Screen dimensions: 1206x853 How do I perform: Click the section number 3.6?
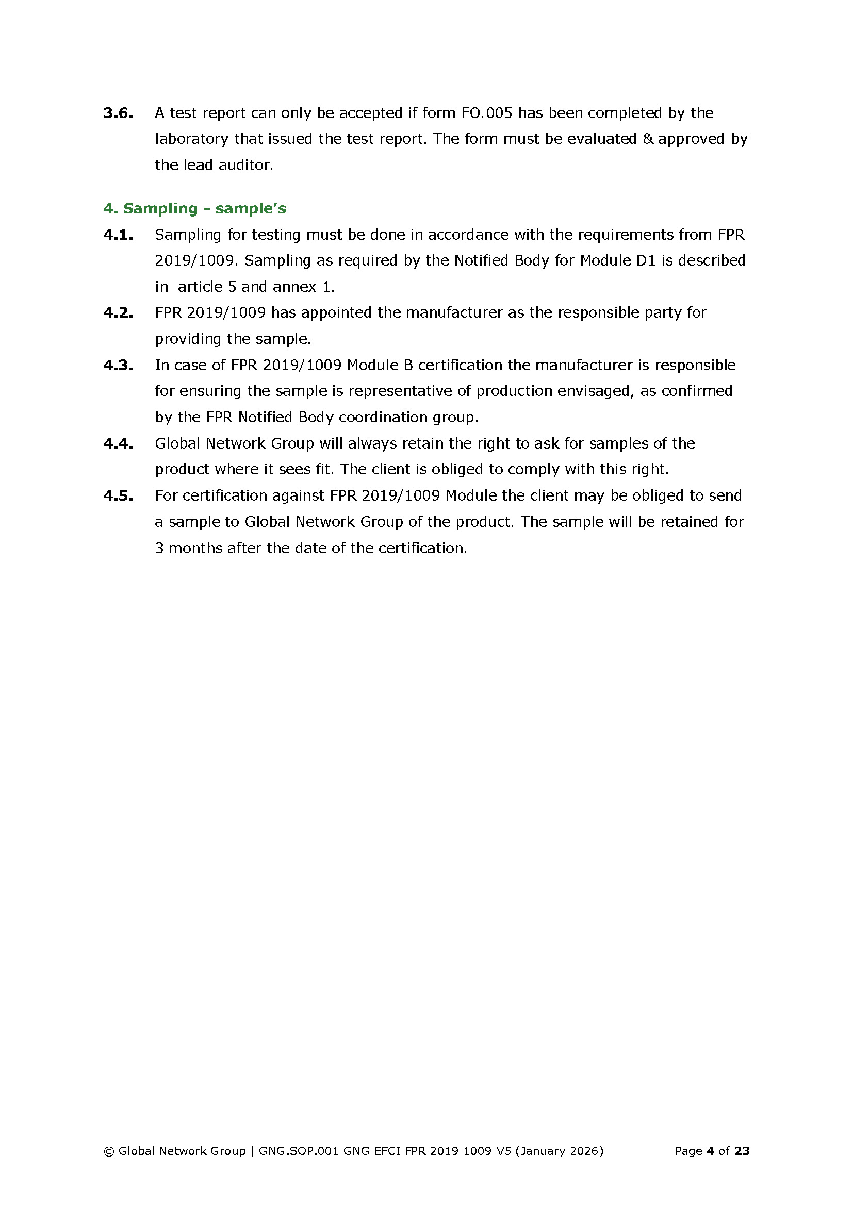[x=118, y=113]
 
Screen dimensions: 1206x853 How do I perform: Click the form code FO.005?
[x=486, y=113]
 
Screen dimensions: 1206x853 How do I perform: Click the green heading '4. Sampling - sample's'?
[x=195, y=208]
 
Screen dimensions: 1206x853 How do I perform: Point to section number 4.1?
[x=118, y=235]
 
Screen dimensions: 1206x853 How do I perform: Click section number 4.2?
[x=118, y=312]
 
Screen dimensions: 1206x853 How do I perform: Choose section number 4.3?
[x=118, y=365]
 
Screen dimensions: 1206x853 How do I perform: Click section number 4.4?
[x=118, y=443]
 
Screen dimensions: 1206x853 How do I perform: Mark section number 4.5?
[x=118, y=495]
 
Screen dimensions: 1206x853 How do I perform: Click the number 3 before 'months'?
[x=159, y=548]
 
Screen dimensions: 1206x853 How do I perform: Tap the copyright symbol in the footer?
[x=109, y=1151]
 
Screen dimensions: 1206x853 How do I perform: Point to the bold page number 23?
[x=742, y=1151]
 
